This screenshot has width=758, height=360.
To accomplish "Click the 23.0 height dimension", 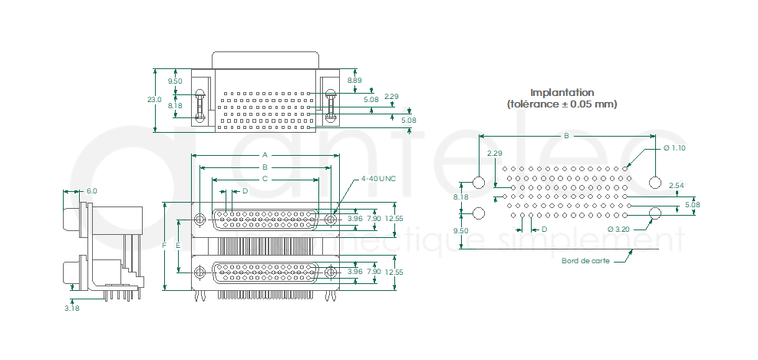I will coord(154,100).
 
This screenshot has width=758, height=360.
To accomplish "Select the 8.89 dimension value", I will coord(354,80).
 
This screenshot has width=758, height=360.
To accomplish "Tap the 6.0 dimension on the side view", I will coord(92,190).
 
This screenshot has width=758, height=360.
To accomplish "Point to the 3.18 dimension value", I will coord(72,308).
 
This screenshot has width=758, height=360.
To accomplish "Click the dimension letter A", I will coord(265,154).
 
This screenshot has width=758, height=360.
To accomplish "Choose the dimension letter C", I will coord(265,178).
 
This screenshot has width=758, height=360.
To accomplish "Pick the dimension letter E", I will coord(177,246).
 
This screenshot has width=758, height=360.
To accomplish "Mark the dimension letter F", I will coord(164,246).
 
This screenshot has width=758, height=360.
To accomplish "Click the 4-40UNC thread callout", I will coord(378,179).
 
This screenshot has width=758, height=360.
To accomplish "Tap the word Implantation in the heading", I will coord(562,92).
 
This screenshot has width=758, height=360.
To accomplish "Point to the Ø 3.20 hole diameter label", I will coord(618,229).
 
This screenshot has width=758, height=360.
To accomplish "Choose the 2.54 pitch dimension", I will coord(676,186).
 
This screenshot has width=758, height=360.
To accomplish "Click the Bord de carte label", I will coord(586,260).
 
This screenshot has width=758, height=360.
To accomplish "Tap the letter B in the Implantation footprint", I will coord(566,136).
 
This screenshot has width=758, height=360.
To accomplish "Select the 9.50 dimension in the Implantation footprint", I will coord(461,230).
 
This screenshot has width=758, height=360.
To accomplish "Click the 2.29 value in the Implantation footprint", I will coord(494,153).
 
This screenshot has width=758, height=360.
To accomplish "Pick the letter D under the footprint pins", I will coord(544,229).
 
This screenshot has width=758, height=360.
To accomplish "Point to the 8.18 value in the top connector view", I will coord(175,106).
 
